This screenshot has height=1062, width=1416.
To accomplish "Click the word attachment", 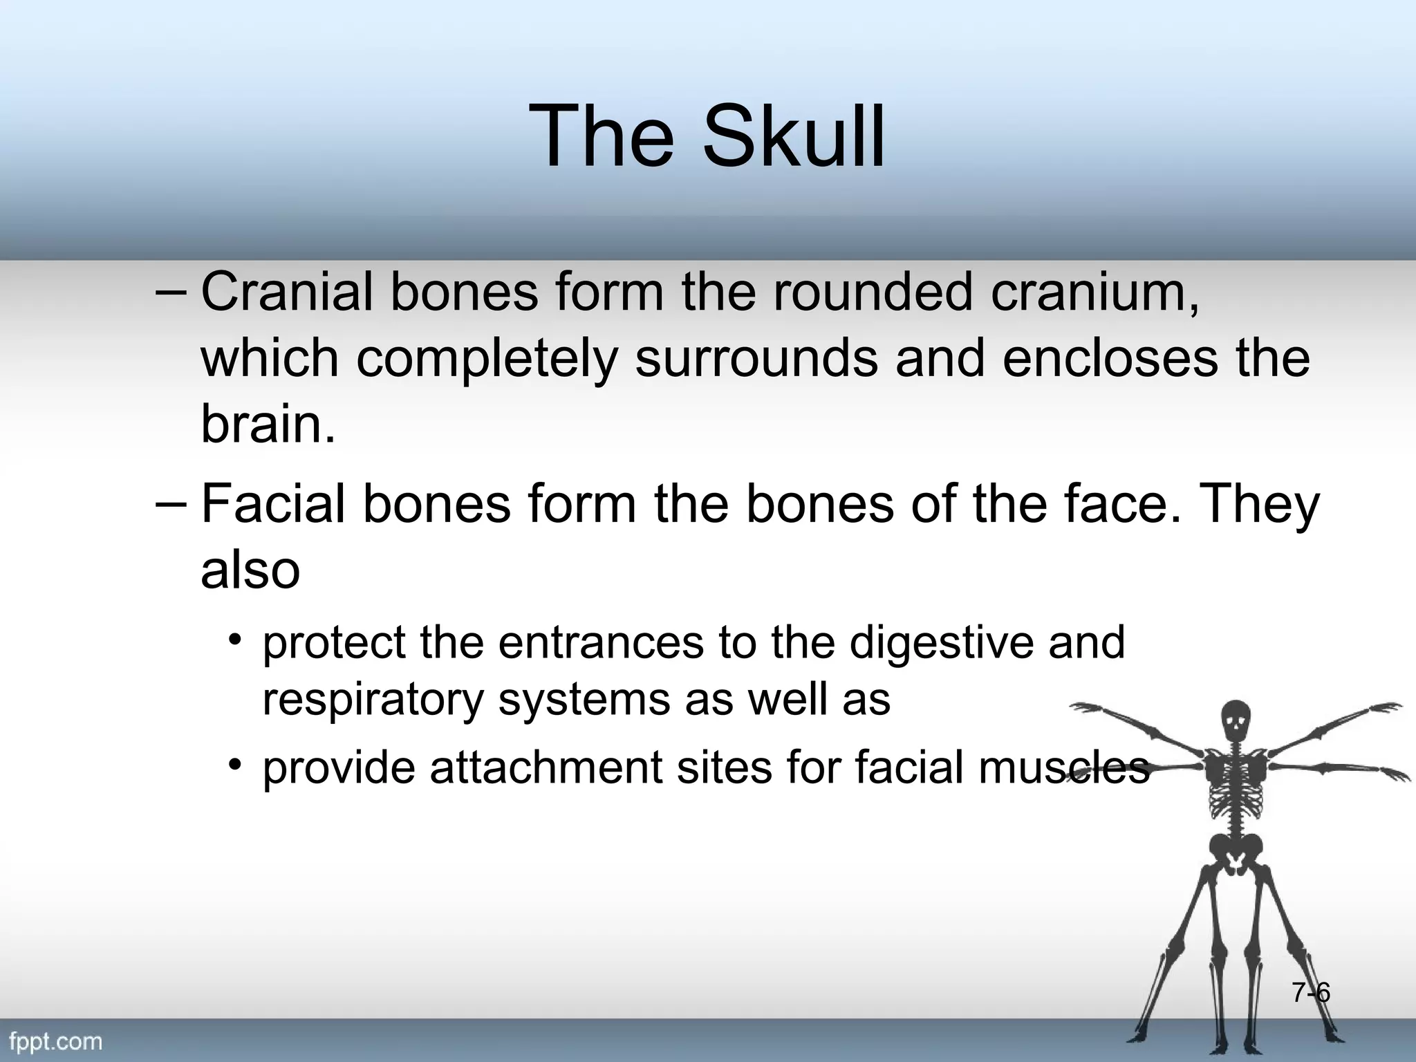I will [546, 767].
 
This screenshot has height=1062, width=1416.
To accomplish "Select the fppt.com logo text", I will [55, 1041].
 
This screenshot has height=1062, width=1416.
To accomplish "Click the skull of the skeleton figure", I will [1236, 722].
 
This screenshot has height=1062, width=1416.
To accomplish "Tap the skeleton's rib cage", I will [1236, 781].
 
